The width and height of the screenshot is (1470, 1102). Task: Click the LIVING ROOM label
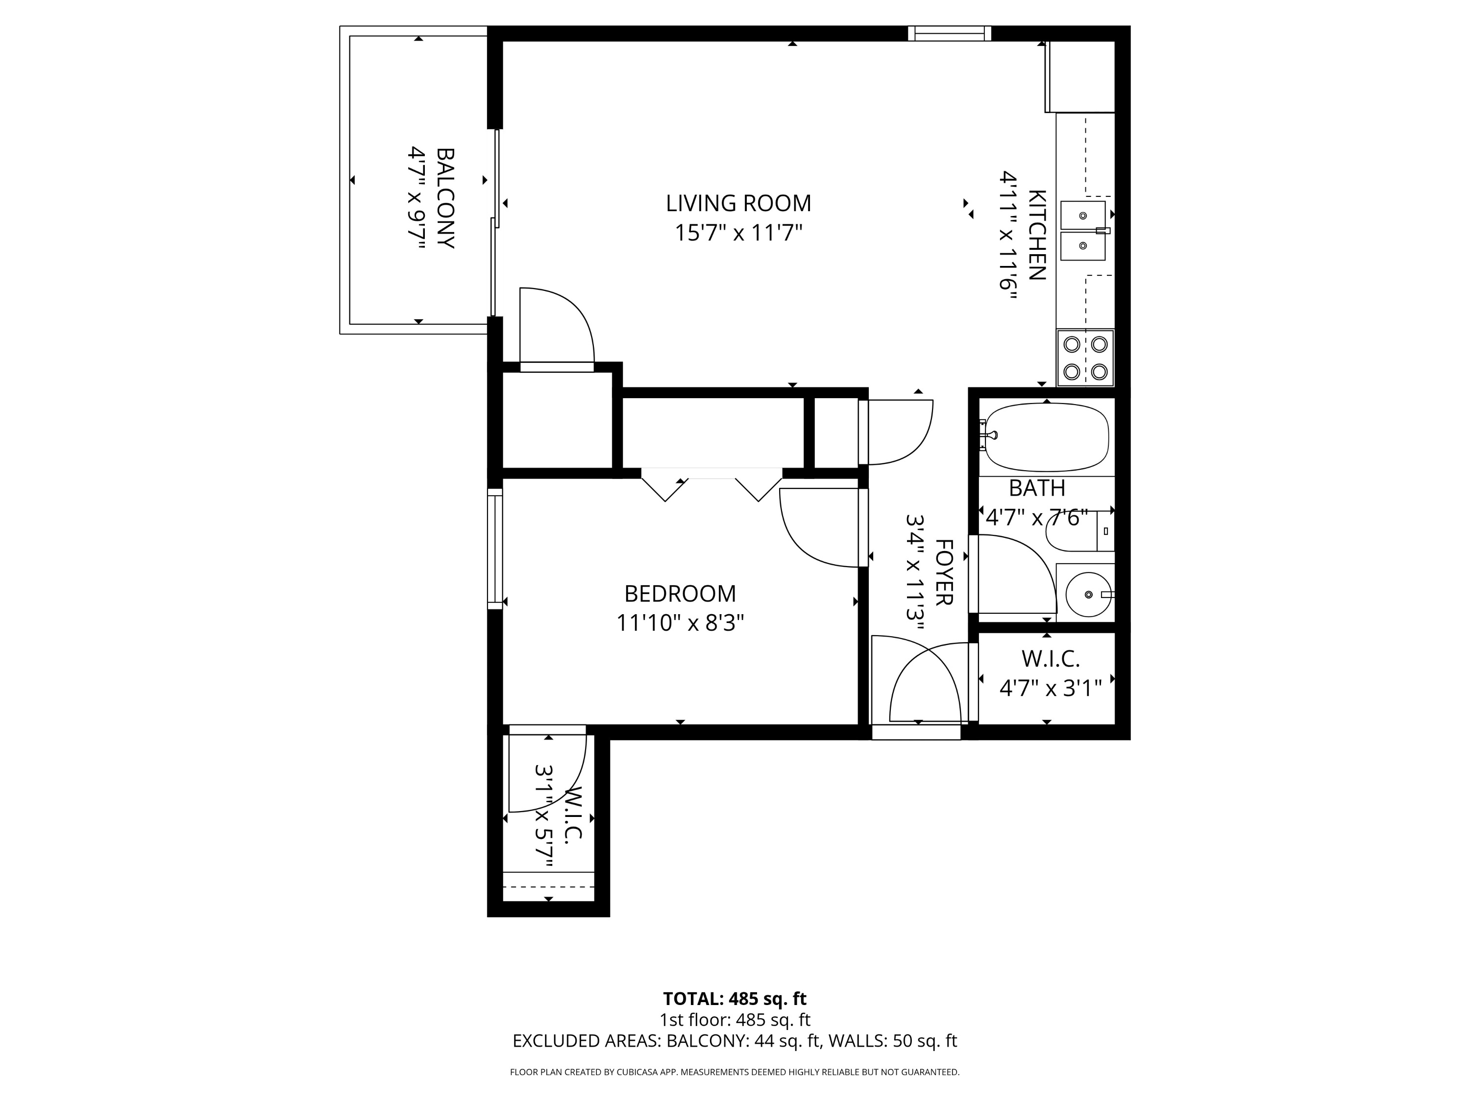click(738, 203)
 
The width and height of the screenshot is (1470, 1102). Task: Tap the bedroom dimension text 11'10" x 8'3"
click(680, 623)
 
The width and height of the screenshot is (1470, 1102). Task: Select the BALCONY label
click(445, 198)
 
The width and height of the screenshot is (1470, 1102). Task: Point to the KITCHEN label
click(1037, 235)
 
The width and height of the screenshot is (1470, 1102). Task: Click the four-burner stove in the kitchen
click(1085, 358)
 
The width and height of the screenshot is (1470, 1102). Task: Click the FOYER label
click(944, 572)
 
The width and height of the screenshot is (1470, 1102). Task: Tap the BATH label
click(1037, 488)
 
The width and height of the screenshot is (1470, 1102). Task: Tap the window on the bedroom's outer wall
click(495, 549)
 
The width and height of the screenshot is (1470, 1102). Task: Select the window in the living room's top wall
click(950, 33)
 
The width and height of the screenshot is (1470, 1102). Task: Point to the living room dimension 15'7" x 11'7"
click(738, 233)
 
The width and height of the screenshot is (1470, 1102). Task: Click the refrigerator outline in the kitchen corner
click(1080, 76)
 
